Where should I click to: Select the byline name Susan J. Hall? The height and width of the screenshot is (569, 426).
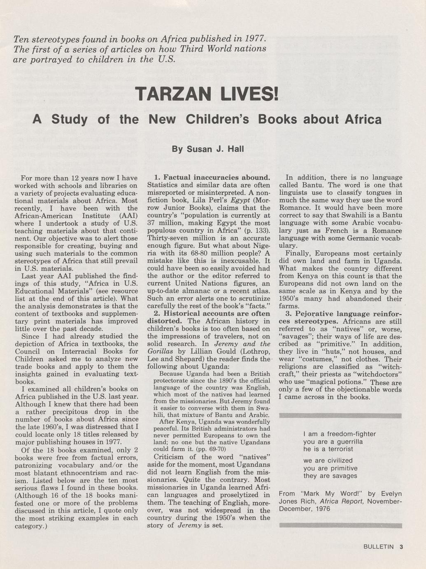[x=207, y=149]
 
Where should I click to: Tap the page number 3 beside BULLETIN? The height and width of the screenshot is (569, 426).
[x=401, y=547]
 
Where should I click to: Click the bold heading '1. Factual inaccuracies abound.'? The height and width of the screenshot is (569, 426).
[x=209, y=178]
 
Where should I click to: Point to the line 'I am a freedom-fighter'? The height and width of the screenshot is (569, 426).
[x=340, y=434]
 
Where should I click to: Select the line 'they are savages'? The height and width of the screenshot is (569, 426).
[x=330, y=476]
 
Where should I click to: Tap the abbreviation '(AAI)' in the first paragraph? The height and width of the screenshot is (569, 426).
[x=128, y=216]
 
